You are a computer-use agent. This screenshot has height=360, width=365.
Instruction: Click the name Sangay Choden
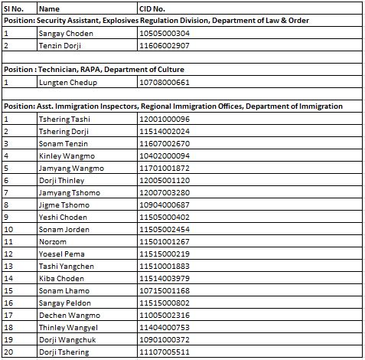click(64, 34)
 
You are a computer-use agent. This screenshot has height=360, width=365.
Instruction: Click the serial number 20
click(8, 352)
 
